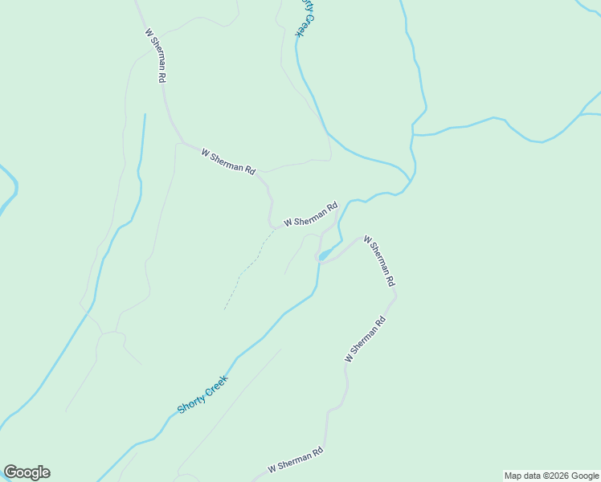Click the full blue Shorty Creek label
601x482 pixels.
pos(203,394)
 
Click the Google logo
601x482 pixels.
pos(27,472)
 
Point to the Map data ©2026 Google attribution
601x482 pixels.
pos(551,476)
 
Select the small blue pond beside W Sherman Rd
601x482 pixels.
pos(323,256)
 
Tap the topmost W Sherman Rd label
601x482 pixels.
pos(156,56)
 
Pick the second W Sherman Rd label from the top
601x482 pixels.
pos(228,161)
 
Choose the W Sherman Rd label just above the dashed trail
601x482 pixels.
pos(310,214)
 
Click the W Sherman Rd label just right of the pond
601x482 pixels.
pos(379,261)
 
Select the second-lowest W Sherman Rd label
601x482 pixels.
pos(366,338)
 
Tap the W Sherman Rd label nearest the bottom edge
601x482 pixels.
pos(296,460)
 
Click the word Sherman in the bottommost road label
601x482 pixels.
pos(294,460)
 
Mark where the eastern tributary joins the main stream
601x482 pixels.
pos(413,134)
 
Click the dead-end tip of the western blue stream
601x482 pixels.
pos(145,115)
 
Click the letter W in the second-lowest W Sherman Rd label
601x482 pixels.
pos(349,357)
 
